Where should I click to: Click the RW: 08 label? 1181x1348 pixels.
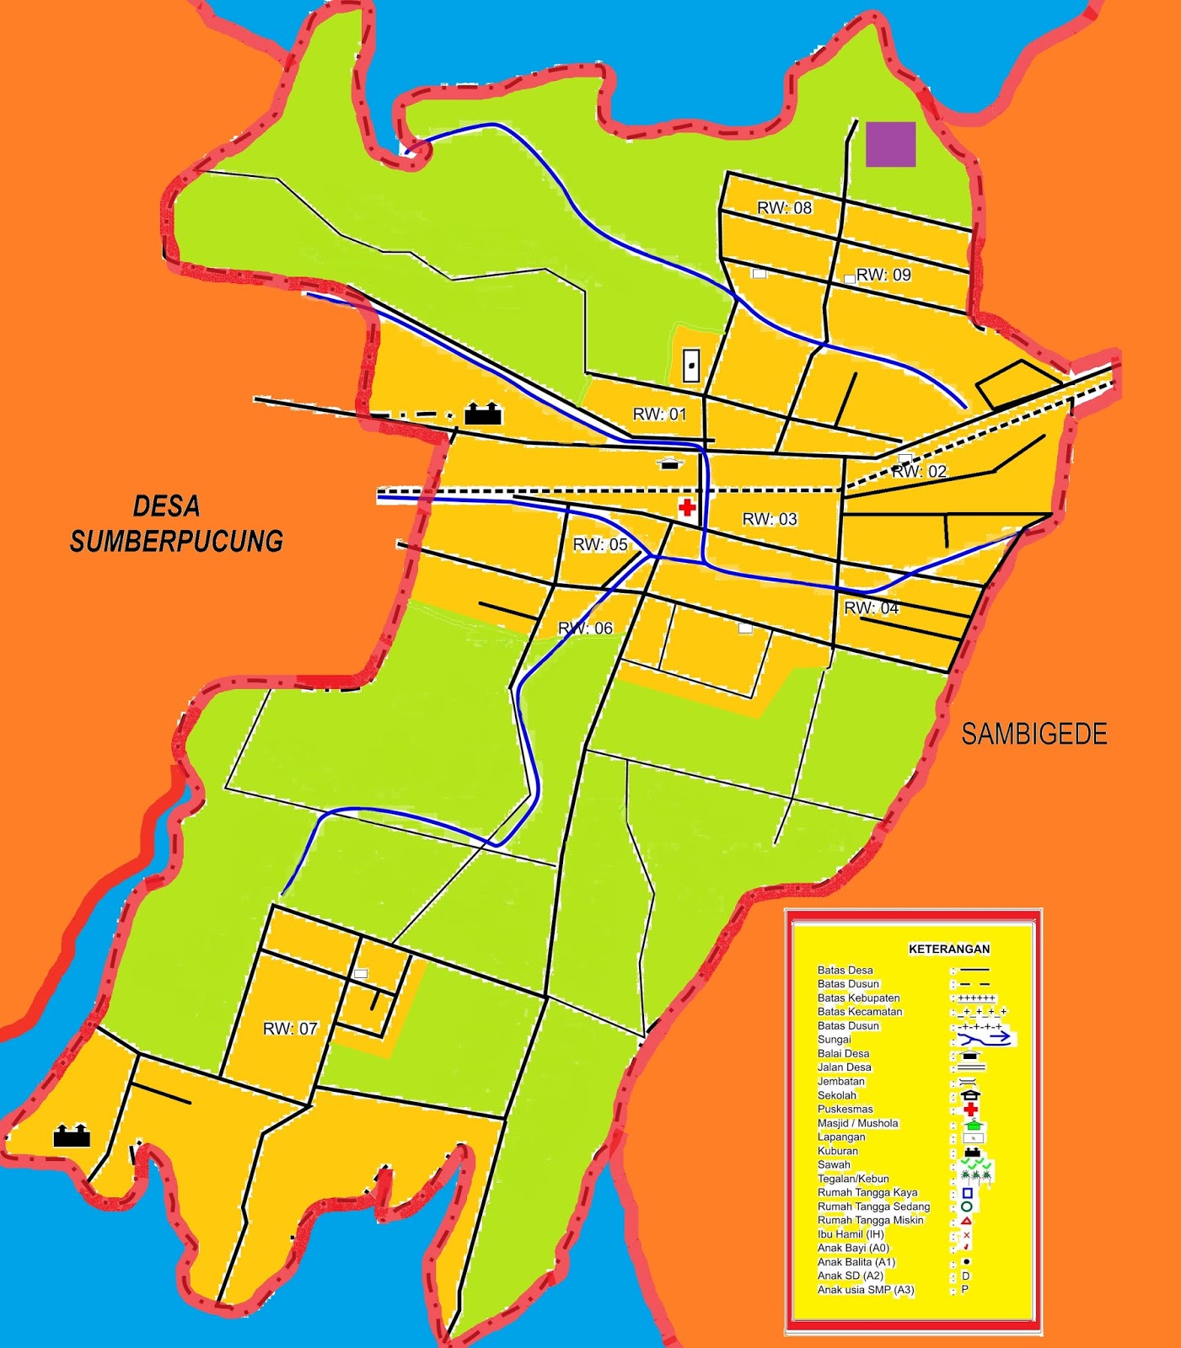[784, 208]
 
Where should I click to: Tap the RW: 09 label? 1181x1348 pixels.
[883, 275]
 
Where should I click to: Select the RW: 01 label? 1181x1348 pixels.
[659, 415]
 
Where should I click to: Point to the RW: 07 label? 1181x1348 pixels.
[290, 1029]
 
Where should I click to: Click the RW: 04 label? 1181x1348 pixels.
[872, 608]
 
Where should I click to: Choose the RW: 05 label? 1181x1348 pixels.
[600, 545]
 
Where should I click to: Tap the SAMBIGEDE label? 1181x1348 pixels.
[1034, 735]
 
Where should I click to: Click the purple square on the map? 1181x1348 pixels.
[891, 145]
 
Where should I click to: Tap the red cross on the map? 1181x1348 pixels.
[687, 507]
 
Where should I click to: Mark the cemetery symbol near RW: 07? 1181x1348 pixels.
[72, 1136]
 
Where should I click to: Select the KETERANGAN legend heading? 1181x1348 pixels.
[948, 949]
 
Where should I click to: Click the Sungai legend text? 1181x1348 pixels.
[834, 1040]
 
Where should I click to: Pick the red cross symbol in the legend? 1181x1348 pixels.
[970, 1110]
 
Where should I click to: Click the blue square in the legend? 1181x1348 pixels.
[967, 1193]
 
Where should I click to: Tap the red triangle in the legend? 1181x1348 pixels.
[966, 1220]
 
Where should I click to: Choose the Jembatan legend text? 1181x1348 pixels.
[840, 1082]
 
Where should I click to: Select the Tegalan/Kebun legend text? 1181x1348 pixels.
[853, 1179]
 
